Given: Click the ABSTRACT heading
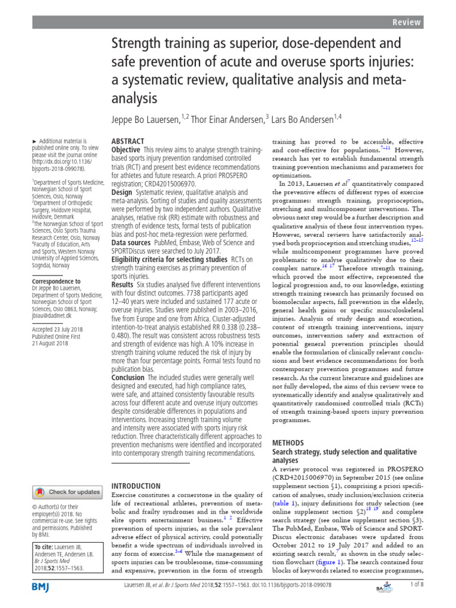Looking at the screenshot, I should tap(128, 141).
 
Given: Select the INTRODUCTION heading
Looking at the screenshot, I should tap(136, 485).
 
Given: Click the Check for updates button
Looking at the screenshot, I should tap(68, 492).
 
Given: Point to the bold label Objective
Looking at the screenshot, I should tap(126, 151).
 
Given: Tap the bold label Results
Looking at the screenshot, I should tap(123, 285).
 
